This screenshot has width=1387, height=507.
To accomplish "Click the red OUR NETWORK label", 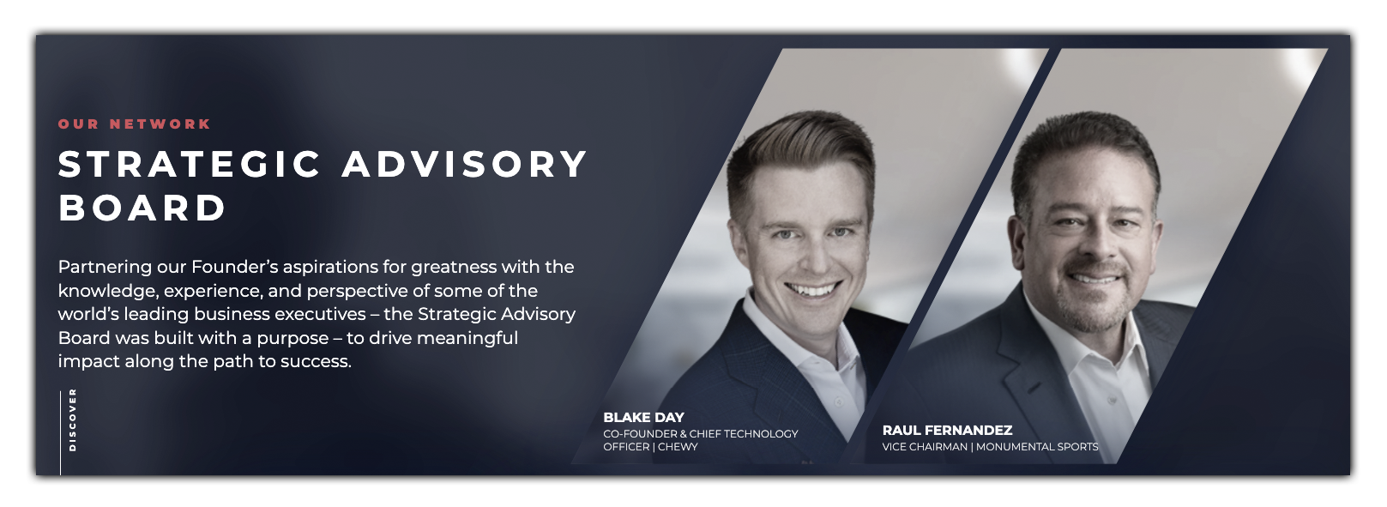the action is (135, 124).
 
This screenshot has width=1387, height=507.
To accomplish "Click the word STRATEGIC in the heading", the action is (190, 164).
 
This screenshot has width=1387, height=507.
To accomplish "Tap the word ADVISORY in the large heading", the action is (464, 164).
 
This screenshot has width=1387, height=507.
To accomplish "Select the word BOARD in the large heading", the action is (142, 208).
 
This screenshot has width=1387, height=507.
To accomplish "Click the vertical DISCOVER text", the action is (72, 419).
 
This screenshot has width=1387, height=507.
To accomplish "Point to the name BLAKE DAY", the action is (643, 417).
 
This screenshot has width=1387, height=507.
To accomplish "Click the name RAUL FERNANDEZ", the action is (947, 431).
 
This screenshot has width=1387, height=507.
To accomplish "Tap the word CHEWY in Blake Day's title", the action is (678, 447).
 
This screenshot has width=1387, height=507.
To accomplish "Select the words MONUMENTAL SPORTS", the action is (1037, 447).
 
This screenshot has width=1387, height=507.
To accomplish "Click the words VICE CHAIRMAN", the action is (925, 447).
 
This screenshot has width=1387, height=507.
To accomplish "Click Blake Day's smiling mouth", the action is (812, 289).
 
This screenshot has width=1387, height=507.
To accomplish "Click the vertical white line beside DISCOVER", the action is (60, 432).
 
